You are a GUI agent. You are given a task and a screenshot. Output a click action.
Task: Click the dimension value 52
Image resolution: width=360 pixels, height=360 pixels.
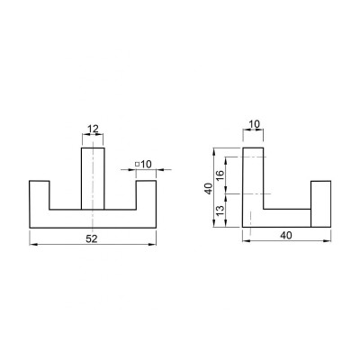click(92, 238)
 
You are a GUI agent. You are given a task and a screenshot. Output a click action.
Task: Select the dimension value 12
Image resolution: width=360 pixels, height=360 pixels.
click(93, 129)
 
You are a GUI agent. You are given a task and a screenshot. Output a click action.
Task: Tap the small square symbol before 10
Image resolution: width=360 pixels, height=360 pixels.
click(137, 164)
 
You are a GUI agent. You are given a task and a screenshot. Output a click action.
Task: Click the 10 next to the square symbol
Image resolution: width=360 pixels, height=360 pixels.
click(146, 164)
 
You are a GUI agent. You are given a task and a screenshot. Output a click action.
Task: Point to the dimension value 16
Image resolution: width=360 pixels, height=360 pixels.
click(220, 175)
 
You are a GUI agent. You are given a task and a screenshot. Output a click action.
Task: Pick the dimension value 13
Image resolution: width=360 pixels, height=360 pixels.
click(220, 211)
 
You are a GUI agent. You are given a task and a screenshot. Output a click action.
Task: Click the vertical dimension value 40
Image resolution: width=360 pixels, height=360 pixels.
click(208, 189)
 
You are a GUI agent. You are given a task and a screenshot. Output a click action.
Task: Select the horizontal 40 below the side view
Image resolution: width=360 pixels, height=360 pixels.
click(286, 236)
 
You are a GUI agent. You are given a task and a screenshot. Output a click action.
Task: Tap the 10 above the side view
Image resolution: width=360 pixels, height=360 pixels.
click(255, 123)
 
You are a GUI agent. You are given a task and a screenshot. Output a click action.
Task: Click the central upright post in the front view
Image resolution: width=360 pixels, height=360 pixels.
click(93, 178)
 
